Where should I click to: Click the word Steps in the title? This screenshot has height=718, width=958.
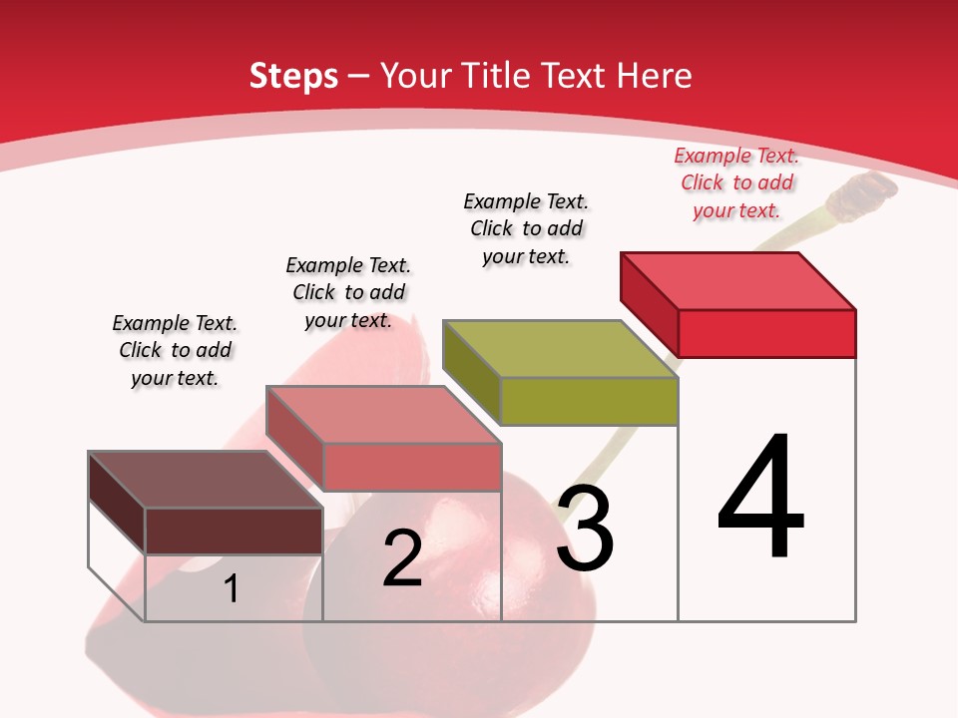[x=293, y=76]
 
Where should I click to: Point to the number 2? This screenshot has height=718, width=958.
[x=402, y=558]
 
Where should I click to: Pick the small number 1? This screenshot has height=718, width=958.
[x=232, y=589]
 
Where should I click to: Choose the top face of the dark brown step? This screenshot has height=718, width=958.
[x=206, y=480]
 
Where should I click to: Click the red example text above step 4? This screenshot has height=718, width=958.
[x=736, y=183]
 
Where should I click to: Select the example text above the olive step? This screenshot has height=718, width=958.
[x=526, y=228]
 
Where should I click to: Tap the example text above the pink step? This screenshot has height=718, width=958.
[x=348, y=292]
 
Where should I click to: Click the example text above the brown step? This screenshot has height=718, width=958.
[x=175, y=350]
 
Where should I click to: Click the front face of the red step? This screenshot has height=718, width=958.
[x=766, y=333]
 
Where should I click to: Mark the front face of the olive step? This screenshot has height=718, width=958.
[x=589, y=401]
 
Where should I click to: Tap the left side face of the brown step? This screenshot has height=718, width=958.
[x=117, y=502]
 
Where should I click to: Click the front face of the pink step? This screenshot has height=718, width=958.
[x=411, y=467]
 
